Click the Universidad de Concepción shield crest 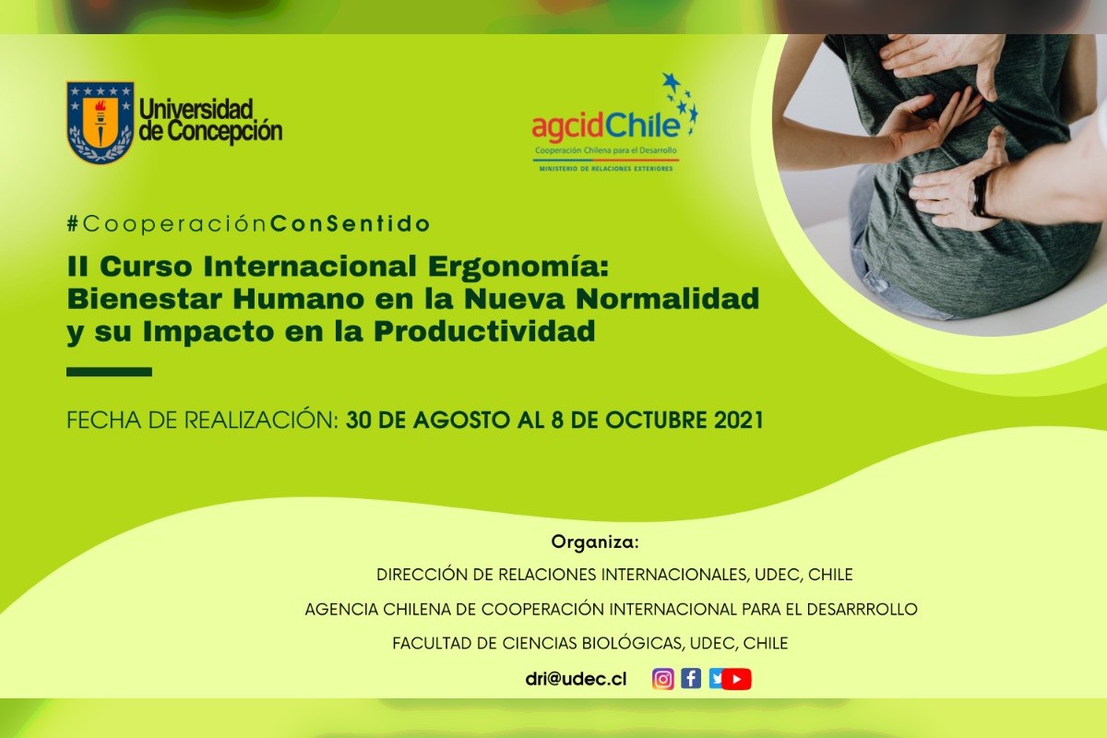[101, 122]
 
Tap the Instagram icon [662, 679]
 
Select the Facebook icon [691, 678]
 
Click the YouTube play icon [736, 679]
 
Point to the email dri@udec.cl [576, 679]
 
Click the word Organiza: [595, 542]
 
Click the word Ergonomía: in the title [518, 266]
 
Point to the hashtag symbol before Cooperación [73, 224]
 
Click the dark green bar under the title [109, 372]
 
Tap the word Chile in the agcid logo [643, 125]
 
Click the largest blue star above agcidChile [672, 81]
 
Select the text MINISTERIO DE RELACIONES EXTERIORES [606, 169]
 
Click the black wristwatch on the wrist [980, 196]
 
